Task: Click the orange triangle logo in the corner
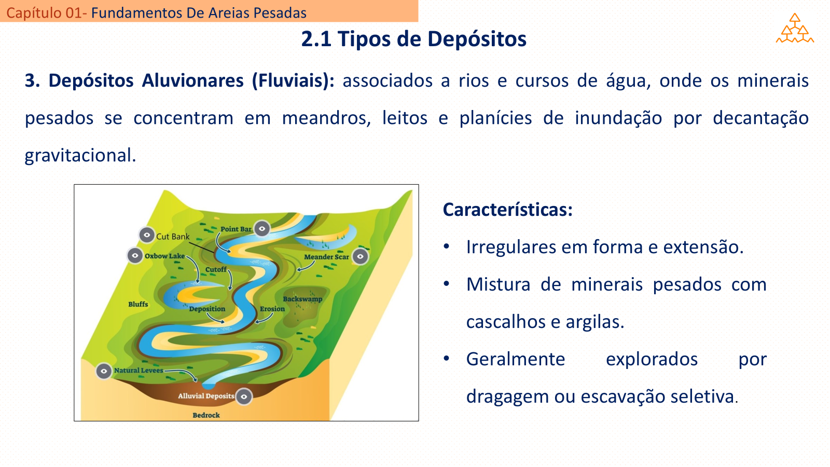pos(795,29)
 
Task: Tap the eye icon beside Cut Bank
pos(147,235)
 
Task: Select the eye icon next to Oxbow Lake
pos(135,256)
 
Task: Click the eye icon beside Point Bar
pos(262,229)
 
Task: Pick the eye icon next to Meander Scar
pos(360,256)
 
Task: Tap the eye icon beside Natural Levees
pos(104,371)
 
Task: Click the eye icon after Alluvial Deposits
pos(244,397)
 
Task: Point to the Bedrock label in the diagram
pos(206,415)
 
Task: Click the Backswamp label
pos(303,299)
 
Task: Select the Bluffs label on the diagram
pos(138,304)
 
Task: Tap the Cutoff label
pos(216,269)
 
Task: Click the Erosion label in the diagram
pos(272,309)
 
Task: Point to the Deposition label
pos(207,309)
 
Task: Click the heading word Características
pos(508,210)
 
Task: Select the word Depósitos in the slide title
pos(477,39)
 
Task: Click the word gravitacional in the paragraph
pos(80,155)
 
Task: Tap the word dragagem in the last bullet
pos(507,397)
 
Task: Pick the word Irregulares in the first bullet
pos(510,247)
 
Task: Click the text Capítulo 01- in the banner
pos(47,13)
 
